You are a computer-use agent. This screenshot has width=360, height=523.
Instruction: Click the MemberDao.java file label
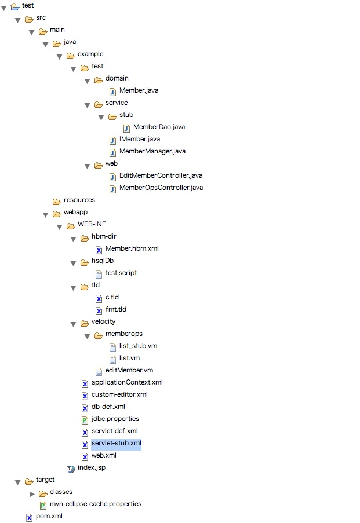point(159,127)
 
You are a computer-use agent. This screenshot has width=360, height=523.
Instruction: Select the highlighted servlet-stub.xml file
point(116,443)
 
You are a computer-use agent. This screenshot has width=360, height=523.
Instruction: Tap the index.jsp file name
point(91,467)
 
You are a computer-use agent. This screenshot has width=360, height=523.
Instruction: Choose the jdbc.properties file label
point(115,419)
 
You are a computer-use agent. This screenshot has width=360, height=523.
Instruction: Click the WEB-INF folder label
point(92,224)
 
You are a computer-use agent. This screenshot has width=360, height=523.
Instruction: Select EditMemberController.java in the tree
point(161,175)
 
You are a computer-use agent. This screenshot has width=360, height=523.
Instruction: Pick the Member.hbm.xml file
point(132,248)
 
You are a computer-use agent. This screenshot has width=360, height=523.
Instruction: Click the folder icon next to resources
point(57,200)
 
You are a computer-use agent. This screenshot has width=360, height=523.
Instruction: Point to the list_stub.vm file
point(138,346)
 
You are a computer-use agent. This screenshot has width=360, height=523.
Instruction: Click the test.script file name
point(121,273)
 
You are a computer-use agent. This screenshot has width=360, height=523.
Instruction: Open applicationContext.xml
point(127,382)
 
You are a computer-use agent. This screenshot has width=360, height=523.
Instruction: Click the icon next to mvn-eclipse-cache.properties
point(43,504)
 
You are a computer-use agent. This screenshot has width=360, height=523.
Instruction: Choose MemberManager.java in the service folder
point(152,151)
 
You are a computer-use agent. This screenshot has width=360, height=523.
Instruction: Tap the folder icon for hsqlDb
point(85,261)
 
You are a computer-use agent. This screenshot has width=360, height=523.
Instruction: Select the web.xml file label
point(104,455)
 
